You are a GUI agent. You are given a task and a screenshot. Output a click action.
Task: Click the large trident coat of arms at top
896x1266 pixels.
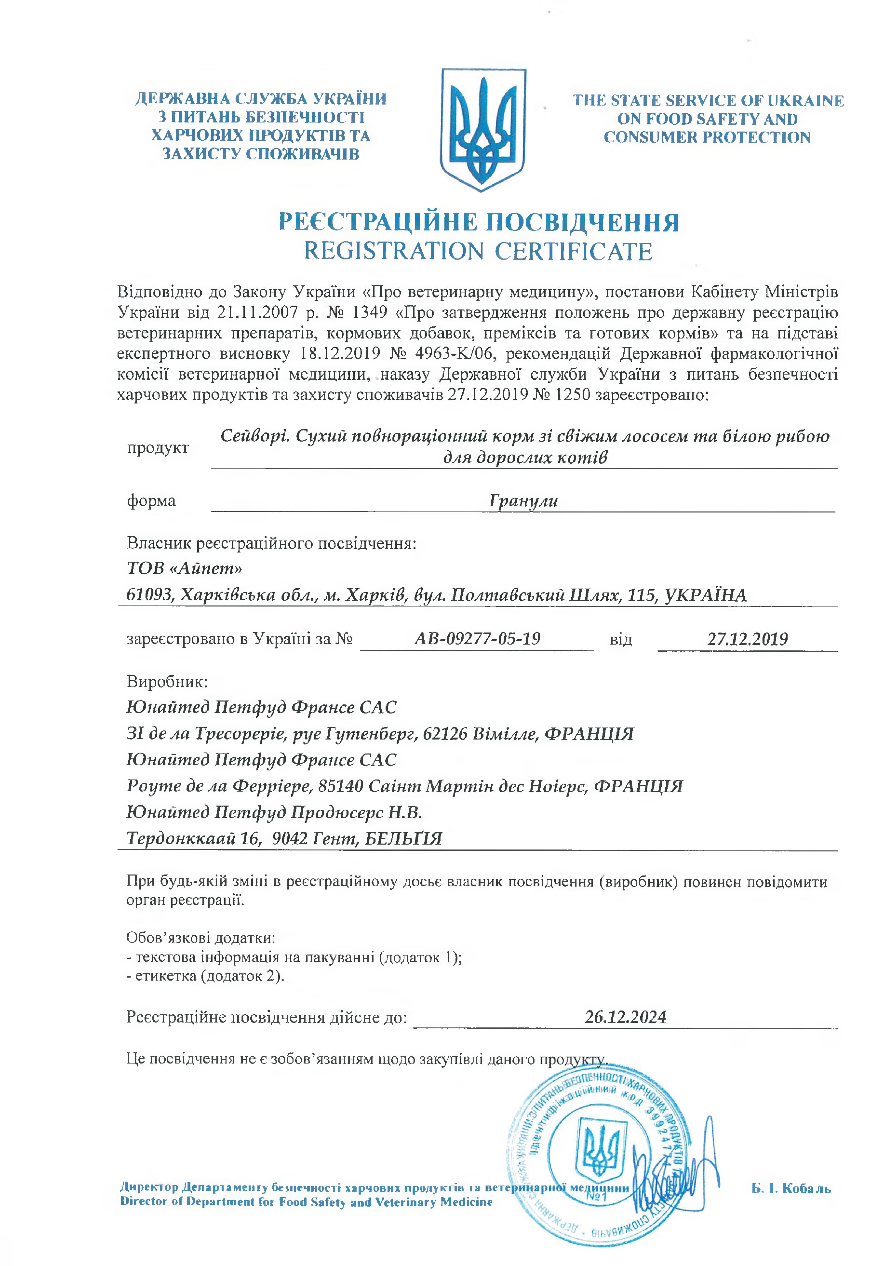click(x=483, y=130)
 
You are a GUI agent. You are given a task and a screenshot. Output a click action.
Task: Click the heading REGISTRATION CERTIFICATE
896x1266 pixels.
click(x=478, y=251)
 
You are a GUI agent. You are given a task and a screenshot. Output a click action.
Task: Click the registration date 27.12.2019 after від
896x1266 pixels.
click(x=748, y=639)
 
